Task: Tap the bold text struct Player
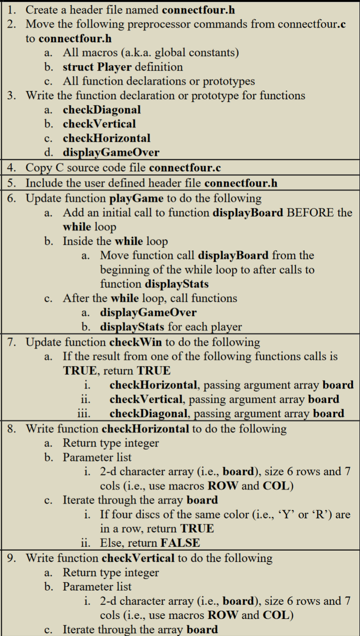click(98, 67)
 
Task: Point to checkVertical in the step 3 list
click(99, 124)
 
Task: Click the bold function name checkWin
click(131, 342)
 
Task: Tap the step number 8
click(11, 429)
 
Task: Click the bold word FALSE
click(180, 543)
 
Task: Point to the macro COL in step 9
click(276, 615)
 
